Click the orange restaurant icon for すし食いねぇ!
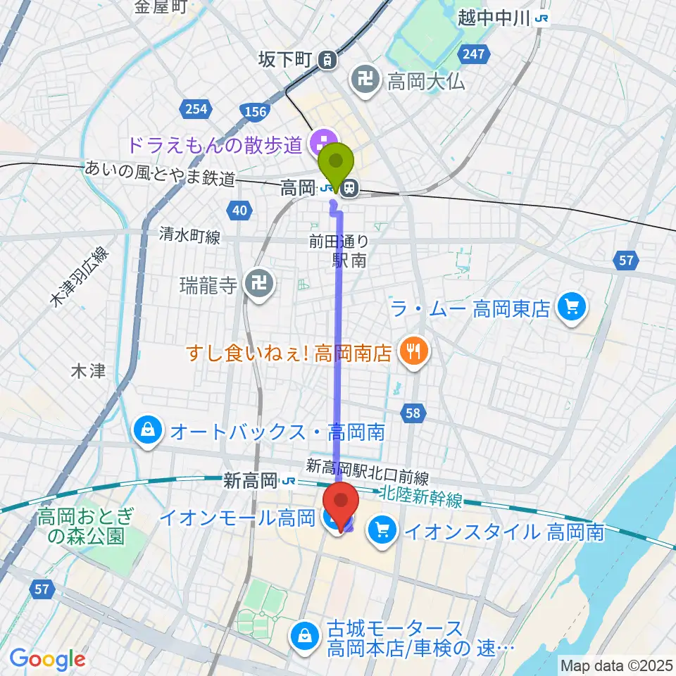[412, 351]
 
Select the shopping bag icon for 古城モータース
[305, 636]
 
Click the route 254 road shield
[197, 109]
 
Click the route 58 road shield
[413, 413]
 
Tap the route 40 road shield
[239, 209]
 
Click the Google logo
[47, 659]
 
